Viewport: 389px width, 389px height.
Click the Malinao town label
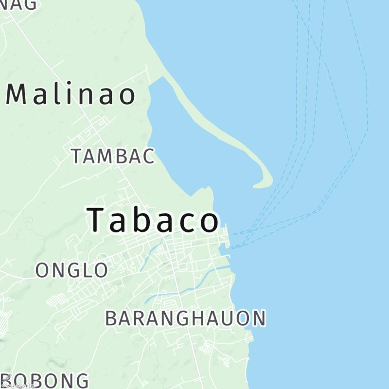(71, 94)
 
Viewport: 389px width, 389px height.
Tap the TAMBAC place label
(113, 157)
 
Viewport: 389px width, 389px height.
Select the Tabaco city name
(153, 220)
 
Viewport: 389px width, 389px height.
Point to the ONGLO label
(71, 270)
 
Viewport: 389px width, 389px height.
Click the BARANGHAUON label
(185, 318)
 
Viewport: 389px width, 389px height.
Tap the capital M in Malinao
(19, 94)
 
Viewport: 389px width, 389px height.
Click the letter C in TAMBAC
(147, 157)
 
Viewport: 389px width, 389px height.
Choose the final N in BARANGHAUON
(258, 318)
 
